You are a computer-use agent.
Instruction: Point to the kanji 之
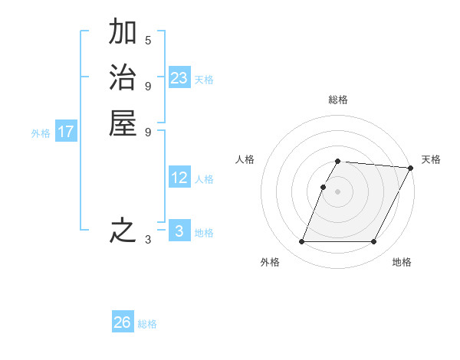123,231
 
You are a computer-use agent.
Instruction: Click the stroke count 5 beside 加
148,40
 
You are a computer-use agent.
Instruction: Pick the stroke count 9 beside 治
148,85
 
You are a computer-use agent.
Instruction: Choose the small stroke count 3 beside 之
148,240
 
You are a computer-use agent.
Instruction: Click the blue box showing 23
179,77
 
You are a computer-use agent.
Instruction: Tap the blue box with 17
66,132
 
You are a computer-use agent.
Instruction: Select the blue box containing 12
179,178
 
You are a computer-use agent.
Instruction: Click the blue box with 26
123,322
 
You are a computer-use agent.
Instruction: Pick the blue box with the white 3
179,231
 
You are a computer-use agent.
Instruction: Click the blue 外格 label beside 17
41,133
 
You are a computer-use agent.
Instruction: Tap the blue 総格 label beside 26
147,324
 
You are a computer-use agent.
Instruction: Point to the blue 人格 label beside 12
204,179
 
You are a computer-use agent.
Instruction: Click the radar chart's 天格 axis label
431,159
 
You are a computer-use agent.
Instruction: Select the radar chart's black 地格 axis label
402,262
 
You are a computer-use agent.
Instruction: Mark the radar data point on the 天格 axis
411,168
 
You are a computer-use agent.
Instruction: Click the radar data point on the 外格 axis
301,242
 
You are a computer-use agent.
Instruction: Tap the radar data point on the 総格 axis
338,161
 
